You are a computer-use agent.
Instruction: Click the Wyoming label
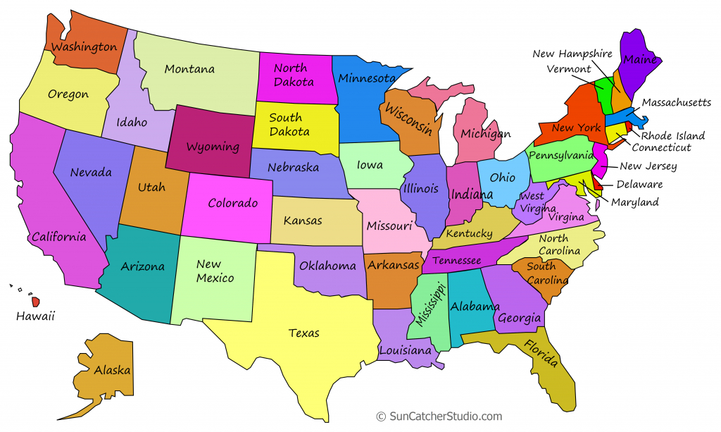pos(213,148)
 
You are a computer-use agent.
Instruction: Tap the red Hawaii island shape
pos(35,301)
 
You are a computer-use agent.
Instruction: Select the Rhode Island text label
pos(672,135)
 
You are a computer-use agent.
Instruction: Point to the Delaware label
pos(639,185)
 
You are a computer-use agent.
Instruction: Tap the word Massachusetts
pos(676,103)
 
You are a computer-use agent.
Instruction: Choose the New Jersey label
pos(648,166)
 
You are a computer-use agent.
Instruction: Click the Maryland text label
pos(634,202)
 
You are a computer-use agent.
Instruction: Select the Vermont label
pos(568,69)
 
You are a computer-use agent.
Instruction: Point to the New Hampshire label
pos(572,54)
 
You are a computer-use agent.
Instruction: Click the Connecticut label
pos(661,148)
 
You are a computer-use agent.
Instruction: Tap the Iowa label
pos(370,165)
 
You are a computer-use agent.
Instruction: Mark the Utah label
pos(152,187)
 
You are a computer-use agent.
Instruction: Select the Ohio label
pos(502,178)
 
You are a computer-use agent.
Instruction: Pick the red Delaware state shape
pos(598,184)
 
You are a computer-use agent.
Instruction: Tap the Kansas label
pos(303,221)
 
